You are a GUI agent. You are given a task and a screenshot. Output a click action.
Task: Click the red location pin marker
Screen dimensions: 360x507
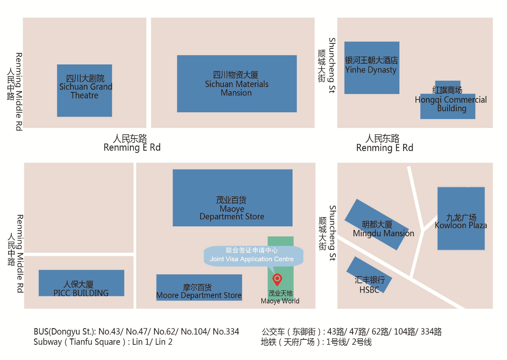point(277,279)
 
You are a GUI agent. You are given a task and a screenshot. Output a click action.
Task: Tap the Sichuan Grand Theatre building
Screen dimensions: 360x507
point(84,90)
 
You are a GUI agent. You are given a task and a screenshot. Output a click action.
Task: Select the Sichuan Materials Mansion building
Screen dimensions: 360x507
point(237,84)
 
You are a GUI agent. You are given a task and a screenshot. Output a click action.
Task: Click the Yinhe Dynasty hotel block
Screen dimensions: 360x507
point(371,68)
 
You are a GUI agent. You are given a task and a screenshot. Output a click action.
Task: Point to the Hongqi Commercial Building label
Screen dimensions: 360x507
point(451,100)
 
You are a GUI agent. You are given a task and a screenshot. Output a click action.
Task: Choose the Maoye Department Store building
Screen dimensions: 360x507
point(232,198)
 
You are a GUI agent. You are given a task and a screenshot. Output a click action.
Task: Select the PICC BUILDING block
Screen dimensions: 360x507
point(81,283)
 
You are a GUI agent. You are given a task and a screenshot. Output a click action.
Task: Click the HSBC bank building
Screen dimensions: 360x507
point(369,279)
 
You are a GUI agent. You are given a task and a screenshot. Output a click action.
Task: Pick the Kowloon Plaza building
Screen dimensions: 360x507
point(461,218)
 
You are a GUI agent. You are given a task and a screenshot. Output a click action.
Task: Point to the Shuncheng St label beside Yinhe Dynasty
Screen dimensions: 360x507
point(332,65)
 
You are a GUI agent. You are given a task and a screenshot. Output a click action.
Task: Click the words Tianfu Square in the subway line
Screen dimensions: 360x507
point(95,342)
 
